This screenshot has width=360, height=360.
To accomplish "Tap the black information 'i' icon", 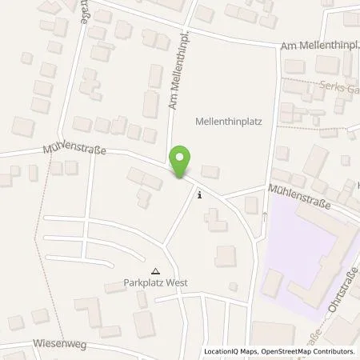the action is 199,194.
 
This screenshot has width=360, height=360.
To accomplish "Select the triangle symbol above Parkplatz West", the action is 155,271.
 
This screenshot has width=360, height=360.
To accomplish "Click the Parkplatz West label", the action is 155,282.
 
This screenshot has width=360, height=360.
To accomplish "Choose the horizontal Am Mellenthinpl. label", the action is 319,48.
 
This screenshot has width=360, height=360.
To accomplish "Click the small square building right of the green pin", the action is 210,170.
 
